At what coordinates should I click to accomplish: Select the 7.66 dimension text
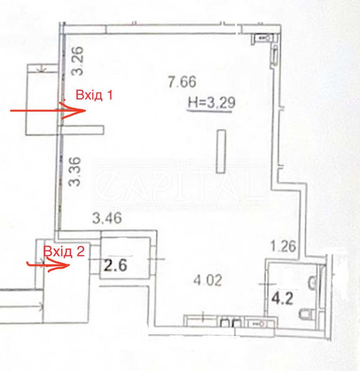(182, 82)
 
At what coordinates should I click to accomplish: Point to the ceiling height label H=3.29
(212, 103)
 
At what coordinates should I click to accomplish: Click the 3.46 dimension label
(107, 218)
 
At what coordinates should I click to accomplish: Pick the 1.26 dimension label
(284, 246)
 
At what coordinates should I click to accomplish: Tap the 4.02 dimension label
(208, 280)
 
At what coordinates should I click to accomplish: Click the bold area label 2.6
(115, 266)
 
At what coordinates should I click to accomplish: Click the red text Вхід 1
(94, 95)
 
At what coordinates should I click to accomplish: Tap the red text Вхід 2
(64, 251)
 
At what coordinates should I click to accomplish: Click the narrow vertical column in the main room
(221, 151)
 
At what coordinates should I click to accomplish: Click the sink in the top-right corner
(264, 38)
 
